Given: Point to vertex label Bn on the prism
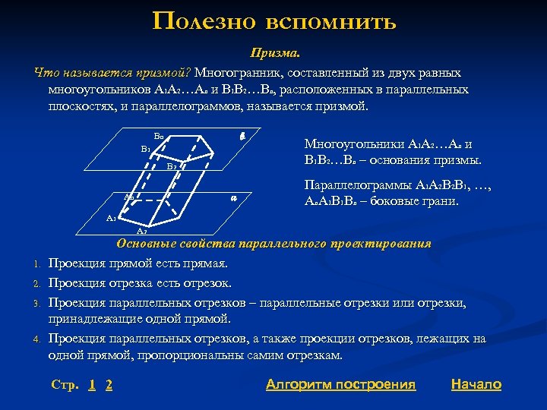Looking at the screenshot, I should point(159,136).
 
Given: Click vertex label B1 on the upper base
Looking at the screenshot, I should point(145,149).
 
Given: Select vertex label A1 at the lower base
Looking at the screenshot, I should point(111,218).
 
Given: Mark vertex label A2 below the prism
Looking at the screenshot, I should point(141,231).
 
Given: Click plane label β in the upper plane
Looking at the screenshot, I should point(241,135).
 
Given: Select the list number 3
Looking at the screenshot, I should point(36,304).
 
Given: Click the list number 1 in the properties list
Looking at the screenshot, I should point(36,264).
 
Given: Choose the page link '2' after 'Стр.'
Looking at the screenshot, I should point(109,385).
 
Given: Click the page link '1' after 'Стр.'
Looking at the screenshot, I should point(92,385).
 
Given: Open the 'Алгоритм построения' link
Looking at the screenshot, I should point(341,384).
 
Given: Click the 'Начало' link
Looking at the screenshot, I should point(476,384).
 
